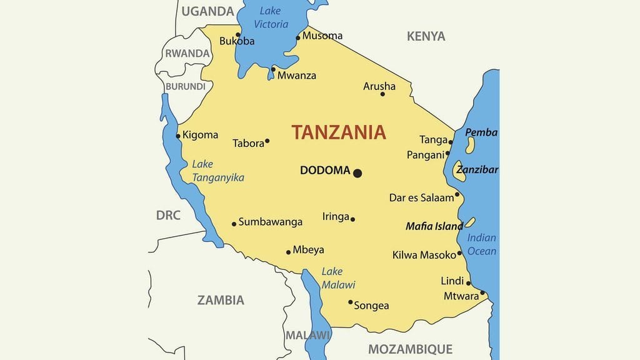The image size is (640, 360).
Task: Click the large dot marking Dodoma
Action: pyautogui.click(x=357, y=173)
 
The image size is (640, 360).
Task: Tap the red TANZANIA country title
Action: pyautogui.click(x=338, y=132)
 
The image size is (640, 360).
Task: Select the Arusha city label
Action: pyautogui.click(x=379, y=86)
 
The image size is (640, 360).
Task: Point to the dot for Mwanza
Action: pyautogui.click(x=273, y=69)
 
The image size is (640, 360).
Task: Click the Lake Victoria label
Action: pyautogui.click(x=271, y=17)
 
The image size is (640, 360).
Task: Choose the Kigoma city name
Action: pyautogui.click(x=200, y=135)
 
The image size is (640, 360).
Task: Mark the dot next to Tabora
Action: pyautogui.click(x=267, y=141)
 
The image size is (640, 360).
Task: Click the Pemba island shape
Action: pyautogui.click(x=470, y=146)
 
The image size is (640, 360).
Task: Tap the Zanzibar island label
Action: pyautogui.click(x=477, y=169)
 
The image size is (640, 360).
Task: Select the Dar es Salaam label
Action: pyautogui.click(x=421, y=197)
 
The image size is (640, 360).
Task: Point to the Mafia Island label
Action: pyautogui.click(x=434, y=226)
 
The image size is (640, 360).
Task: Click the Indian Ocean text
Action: pyautogui.click(x=481, y=244)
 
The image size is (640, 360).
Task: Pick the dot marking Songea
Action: pyautogui.click(x=351, y=302)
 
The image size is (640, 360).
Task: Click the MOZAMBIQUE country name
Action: pyautogui.click(x=410, y=349)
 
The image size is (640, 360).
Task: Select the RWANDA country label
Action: pyautogui.click(x=187, y=54)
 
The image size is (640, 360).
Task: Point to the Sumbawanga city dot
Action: pyautogui.click(x=234, y=224)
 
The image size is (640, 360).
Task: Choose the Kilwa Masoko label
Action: pyautogui.click(x=424, y=255)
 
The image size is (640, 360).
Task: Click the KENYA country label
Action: pyautogui.click(x=426, y=36)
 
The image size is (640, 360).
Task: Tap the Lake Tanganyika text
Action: pyautogui.click(x=217, y=171)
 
